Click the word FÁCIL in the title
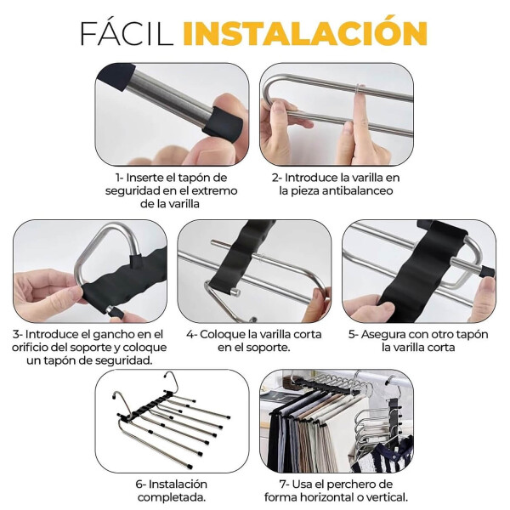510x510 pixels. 127,33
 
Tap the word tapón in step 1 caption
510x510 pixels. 193,178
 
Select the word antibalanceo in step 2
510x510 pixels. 358,190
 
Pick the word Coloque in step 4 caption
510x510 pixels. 222,335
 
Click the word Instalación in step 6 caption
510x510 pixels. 178,484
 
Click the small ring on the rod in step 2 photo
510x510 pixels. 360,89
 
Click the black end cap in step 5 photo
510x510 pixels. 487,272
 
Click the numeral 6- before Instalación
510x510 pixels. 140,484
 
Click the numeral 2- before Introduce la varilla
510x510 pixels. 277,178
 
